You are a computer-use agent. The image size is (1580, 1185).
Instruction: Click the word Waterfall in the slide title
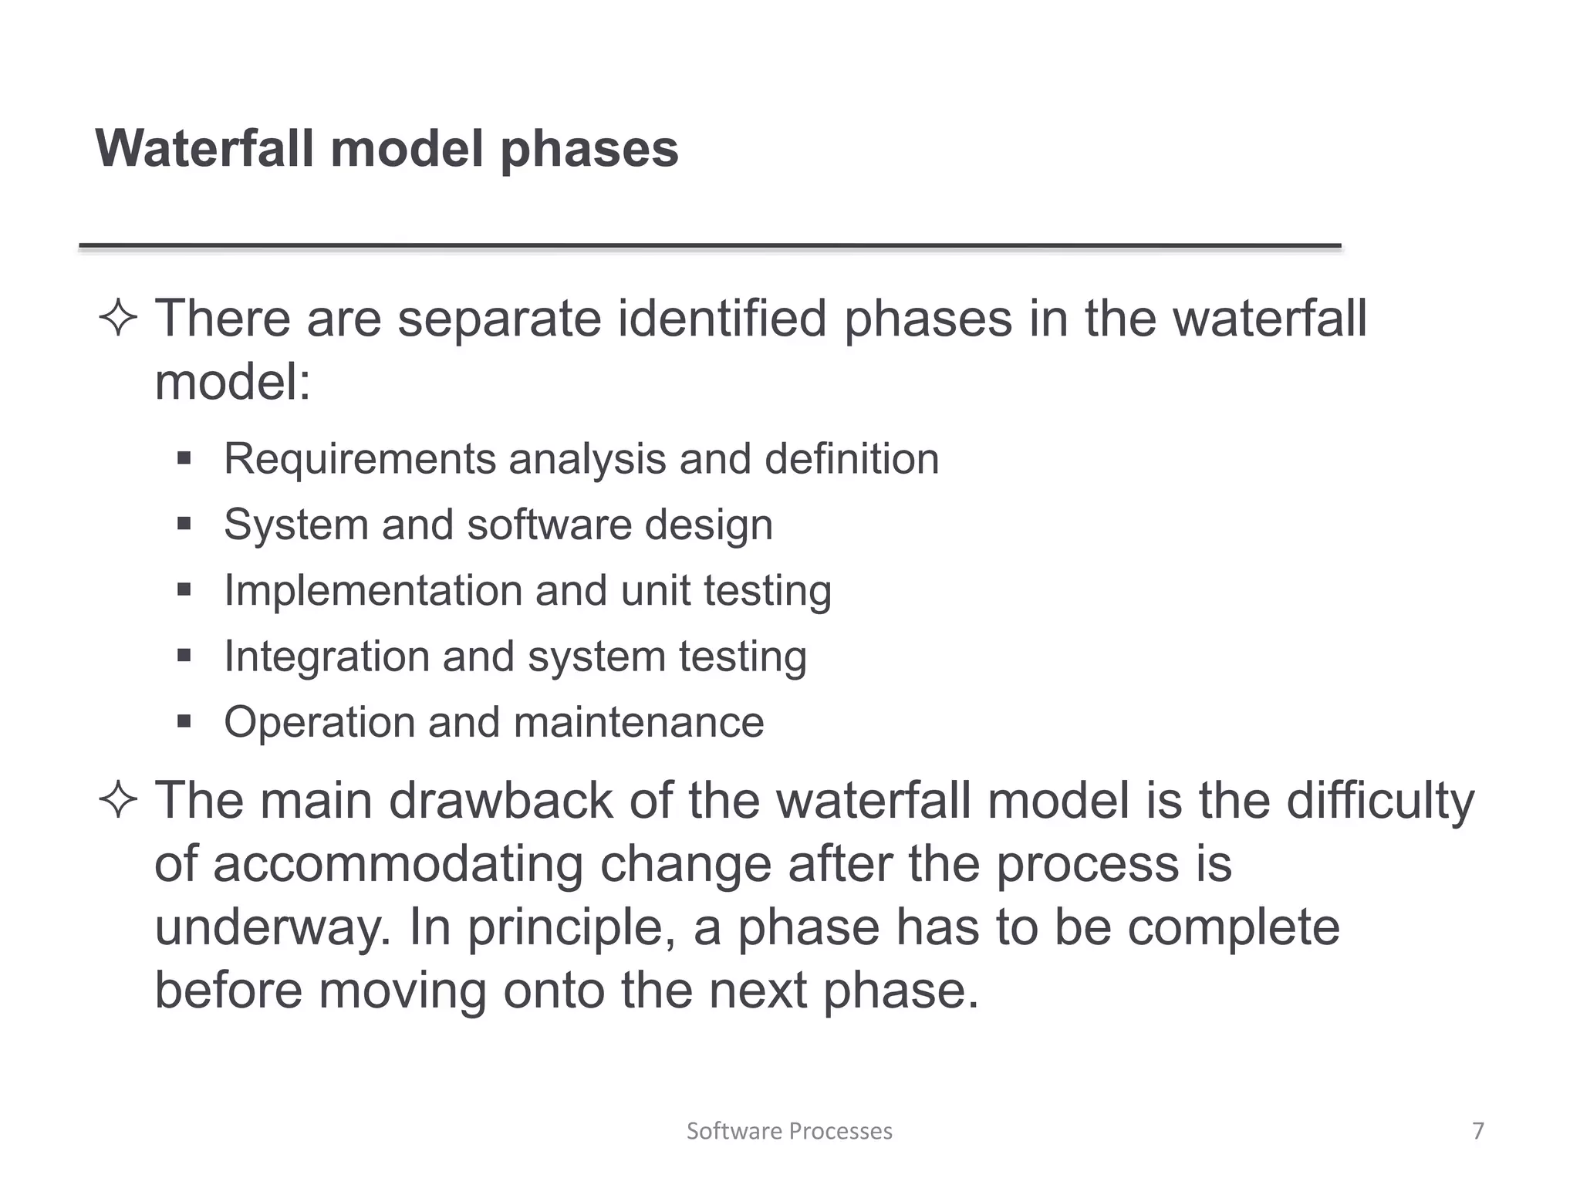[204, 148]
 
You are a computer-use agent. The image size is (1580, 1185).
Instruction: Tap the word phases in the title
[589, 150]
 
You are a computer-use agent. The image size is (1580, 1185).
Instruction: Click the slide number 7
[1478, 1130]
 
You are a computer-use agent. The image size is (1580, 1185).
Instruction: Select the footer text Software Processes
[789, 1130]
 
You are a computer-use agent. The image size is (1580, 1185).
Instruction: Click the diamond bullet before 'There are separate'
[118, 318]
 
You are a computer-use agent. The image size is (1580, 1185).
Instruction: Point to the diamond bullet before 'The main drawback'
[118, 799]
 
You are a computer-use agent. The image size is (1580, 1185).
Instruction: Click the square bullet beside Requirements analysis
[184, 459]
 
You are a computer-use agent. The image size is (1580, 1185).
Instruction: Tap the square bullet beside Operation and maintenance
[184, 722]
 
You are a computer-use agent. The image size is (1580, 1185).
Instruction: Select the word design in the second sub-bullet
[708, 526]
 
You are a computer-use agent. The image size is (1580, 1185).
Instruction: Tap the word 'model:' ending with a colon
[232, 381]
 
